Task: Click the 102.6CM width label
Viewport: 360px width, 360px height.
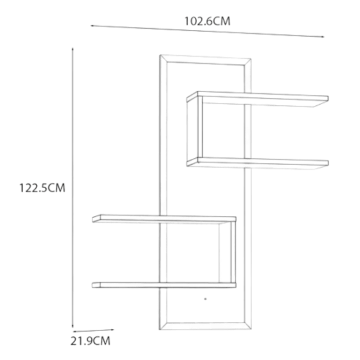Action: [x=207, y=21]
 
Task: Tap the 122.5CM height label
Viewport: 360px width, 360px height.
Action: [x=42, y=188]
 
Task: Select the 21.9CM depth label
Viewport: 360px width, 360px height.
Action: [x=90, y=341]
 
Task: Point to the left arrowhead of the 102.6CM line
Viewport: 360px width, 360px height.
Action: [x=92, y=25]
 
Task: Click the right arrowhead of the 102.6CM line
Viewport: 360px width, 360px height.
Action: [x=323, y=36]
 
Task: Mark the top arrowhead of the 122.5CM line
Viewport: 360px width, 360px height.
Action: [x=72, y=49]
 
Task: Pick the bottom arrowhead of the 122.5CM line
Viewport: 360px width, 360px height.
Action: [x=72, y=326]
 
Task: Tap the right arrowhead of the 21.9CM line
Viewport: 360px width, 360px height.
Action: [x=112, y=330]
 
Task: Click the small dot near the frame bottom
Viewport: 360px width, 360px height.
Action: [x=205, y=299]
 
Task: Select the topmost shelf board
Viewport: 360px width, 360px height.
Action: [x=257, y=98]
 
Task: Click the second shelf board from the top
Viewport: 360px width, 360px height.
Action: [x=257, y=163]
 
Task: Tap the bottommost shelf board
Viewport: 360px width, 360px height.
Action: [x=164, y=285]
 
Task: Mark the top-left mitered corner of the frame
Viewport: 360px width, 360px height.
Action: [x=163, y=58]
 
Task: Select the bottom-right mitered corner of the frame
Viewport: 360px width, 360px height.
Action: [x=247, y=326]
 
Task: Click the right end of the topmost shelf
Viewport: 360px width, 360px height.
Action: [x=328, y=98]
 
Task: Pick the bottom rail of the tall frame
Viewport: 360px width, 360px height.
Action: [x=205, y=326]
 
